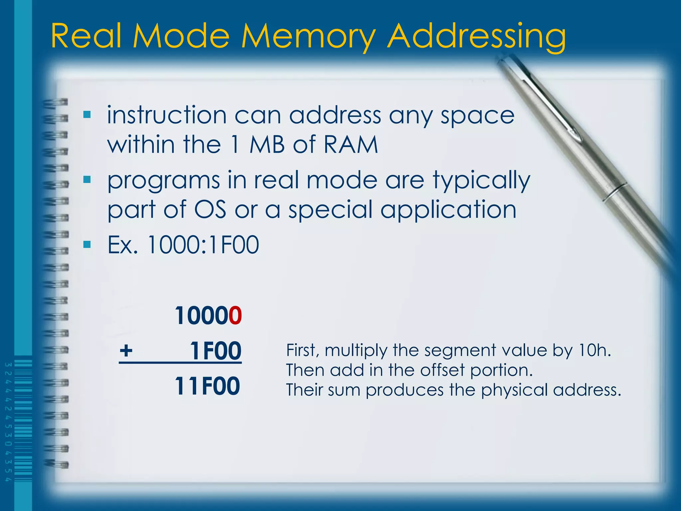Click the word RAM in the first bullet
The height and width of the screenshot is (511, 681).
351,145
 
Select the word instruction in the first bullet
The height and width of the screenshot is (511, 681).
167,115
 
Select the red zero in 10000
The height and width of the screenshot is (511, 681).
235,315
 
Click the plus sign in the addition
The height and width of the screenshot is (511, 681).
126,350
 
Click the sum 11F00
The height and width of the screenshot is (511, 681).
207,386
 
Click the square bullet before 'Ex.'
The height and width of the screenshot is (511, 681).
87,245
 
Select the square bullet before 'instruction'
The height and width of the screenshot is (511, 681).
87,115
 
